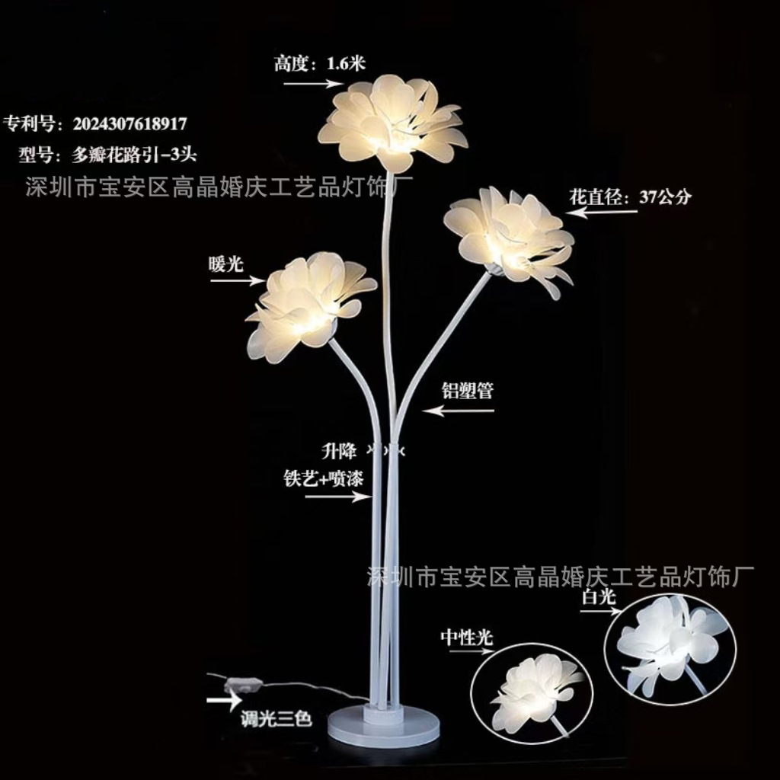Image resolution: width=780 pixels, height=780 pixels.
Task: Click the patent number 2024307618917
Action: [129, 124]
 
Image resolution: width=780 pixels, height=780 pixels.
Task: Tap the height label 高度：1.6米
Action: [320, 64]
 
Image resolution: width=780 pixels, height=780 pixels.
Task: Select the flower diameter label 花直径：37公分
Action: [630, 197]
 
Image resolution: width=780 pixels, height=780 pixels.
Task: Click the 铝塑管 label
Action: [468, 391]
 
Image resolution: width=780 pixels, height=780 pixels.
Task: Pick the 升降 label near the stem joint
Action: [339, 451]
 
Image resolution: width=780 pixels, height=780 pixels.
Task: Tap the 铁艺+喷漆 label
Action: [323, 478]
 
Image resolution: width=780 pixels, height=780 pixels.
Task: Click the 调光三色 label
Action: [276, 718]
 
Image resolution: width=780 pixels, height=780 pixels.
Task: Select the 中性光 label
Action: [467, 638]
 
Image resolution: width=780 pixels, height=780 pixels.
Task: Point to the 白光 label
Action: [599, 596]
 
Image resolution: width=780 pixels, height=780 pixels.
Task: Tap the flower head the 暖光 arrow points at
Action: [309, 305]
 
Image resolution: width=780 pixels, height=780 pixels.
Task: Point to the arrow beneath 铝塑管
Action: [458, 411]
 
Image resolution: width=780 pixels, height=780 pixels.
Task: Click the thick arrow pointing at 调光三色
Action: [224, 700]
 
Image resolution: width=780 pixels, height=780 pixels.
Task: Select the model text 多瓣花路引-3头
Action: [134, 155]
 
